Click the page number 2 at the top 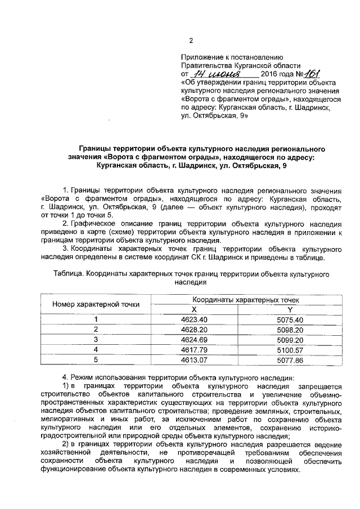click(x=191, y=40)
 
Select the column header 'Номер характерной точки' click(x=96, y=304)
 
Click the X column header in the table click(x=194, y=309)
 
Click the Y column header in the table click(x=290, y=309)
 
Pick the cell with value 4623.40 click(x=194, y=319)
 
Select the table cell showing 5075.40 click(x=290, y=319)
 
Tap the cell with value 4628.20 click(x=194, y=329)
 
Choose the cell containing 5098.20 click(x=290, y=329)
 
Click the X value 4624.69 click(x=194, y=339)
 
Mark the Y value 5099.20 click(x=290, y=339)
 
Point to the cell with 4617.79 click(x=194, y=349)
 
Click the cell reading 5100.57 click(x=290, y=349)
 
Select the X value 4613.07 click(x=194, y=359)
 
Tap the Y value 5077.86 click(x=290, y=359)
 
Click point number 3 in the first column click(x=96, y=339)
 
